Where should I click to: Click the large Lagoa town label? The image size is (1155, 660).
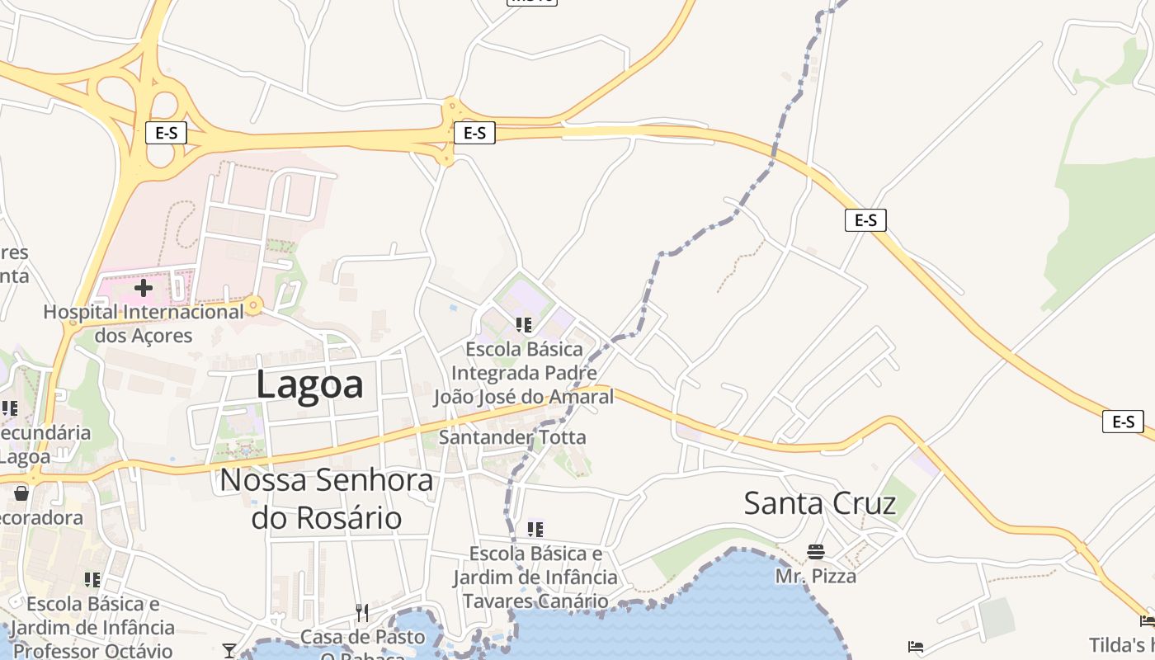(309, 384)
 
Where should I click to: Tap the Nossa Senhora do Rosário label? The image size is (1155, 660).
(327, 498)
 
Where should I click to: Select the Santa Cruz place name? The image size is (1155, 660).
(819, 502)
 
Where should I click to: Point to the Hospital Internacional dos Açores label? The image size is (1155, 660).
(144, 323)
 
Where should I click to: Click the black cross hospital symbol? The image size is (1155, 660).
(144, 288)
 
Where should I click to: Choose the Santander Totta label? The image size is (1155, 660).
(512, 437)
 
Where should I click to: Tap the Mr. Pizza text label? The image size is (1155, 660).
(816, 576)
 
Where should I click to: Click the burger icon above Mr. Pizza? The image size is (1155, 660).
(816, 551)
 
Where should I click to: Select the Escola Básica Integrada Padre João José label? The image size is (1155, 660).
(524, 373)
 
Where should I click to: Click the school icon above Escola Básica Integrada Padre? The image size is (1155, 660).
(523, 325)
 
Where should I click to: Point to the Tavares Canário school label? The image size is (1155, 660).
(535, 577)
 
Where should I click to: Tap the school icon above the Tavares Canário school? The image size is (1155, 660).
(535, 529)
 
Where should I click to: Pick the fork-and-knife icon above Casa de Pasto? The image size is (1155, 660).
(362, 612)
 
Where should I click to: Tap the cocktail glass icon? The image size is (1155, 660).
(229, 651)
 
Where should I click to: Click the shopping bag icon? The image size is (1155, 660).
(21, 493)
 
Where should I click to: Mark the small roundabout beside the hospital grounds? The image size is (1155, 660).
(254, 306)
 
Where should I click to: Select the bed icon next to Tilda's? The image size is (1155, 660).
(1147, 620)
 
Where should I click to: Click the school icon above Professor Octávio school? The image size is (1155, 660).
(92, 579)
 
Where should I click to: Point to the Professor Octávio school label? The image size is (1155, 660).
(92, 627)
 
